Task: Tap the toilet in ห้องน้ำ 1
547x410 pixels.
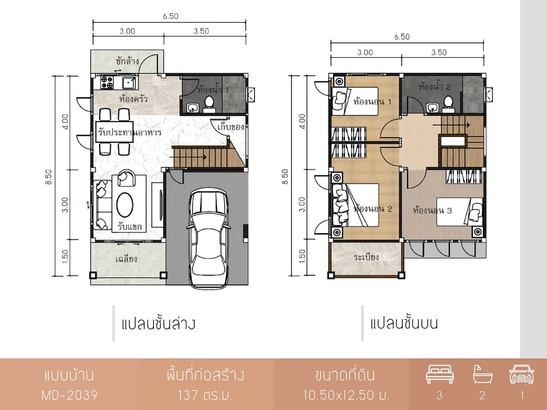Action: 209,104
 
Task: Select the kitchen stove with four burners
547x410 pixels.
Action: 107,82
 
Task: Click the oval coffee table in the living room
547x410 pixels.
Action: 125,205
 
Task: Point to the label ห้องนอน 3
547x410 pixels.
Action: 432,211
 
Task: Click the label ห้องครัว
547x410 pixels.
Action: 133,99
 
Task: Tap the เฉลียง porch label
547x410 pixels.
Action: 126,259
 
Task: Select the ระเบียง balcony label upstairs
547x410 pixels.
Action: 366,257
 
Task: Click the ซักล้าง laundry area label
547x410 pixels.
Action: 127,61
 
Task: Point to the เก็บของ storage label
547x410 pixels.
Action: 231,127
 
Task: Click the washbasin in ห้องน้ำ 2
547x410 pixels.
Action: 432,108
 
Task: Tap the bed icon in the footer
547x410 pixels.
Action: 440,374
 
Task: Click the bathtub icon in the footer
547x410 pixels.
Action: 483,374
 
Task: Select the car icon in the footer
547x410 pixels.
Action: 521,374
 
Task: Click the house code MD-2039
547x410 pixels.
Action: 70,395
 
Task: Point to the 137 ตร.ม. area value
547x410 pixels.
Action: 205,395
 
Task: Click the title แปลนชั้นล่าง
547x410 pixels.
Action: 158,324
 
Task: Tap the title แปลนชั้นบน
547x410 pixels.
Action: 403,323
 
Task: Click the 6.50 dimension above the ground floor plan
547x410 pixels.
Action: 170,16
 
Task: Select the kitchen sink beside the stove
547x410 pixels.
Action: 130,83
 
